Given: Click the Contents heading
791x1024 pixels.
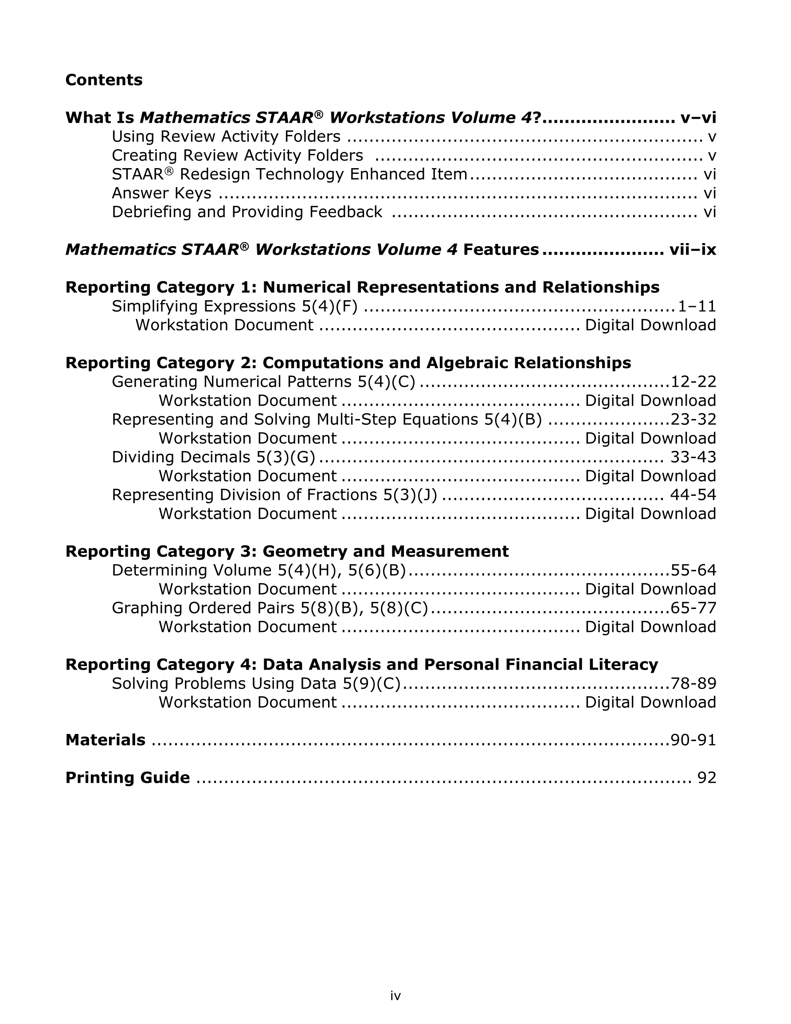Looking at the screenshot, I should tap(104, 80).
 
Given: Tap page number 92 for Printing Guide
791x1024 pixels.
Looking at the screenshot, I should tap(707, 777).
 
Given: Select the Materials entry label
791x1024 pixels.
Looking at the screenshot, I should tap(106, 739).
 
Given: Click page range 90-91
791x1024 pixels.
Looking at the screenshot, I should tap(693, 739).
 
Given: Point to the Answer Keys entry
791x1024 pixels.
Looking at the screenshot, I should tap(161, 193).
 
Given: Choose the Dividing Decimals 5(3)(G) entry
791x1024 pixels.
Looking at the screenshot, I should tap(213, 457).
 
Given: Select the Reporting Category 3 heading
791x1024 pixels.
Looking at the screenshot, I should tap(287, 551).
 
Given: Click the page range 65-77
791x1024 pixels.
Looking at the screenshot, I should tap(693, 608).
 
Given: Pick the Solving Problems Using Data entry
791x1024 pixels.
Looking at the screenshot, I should tap(256, 683).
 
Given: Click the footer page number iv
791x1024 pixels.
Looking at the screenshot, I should tap(395, 996).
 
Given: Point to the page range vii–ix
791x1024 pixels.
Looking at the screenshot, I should tap(693, 249).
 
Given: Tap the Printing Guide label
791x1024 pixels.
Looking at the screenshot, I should tap(128, 777).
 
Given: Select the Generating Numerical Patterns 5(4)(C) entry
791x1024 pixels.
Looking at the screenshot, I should tap(263, 382).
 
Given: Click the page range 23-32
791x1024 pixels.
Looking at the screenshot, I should tap(693, 419).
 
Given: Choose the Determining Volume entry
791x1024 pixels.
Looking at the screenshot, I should tap(258, 570).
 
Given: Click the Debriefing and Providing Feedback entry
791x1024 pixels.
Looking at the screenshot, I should tap(247, 212).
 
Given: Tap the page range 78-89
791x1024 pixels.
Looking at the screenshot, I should tap(693, 683).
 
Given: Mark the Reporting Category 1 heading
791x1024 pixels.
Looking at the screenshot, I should tap(362, 287).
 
